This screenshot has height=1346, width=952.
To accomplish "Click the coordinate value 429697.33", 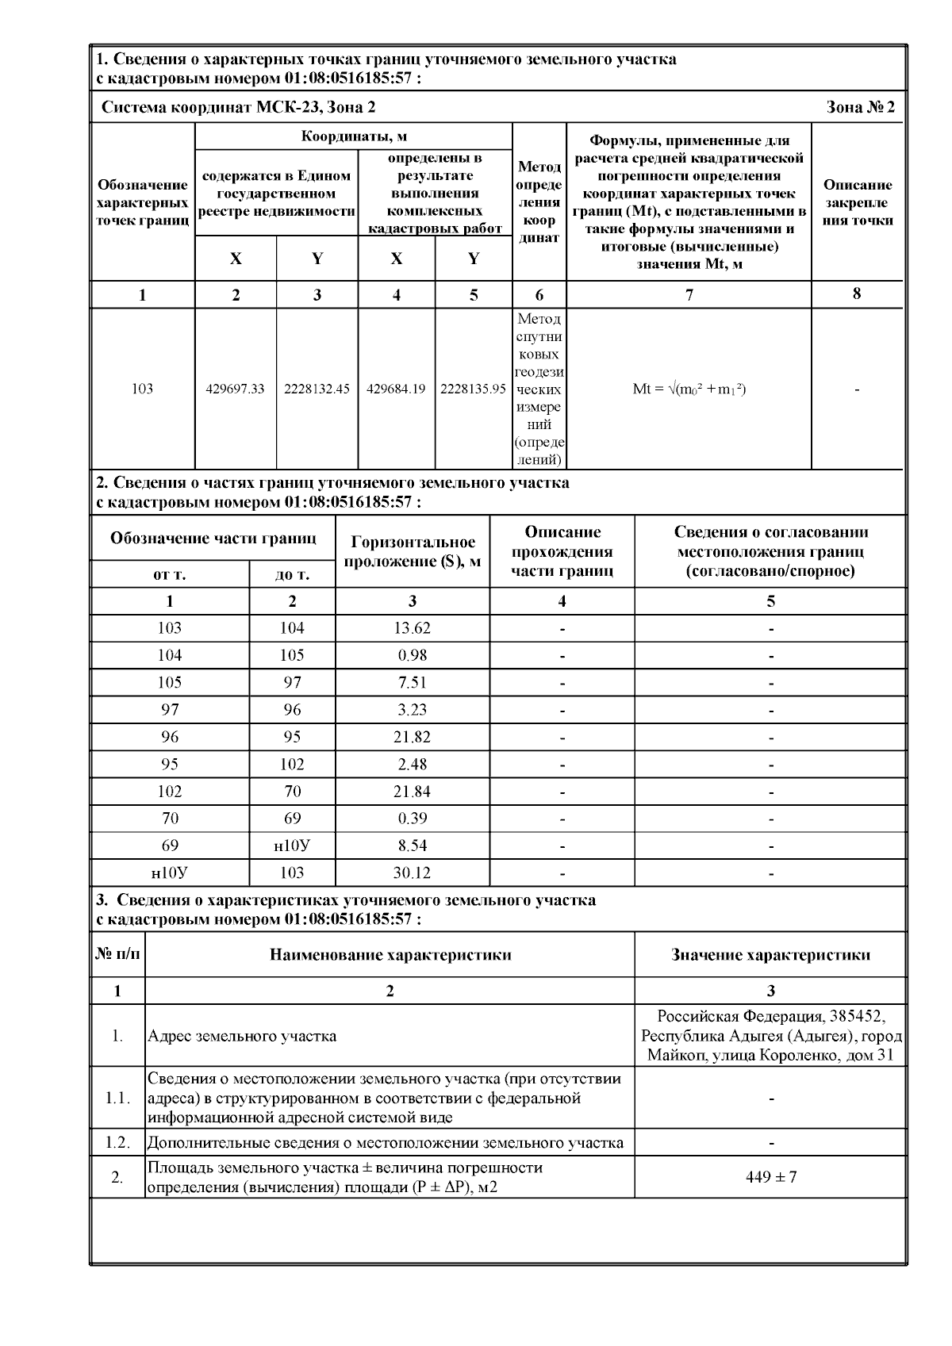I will pos(236,389).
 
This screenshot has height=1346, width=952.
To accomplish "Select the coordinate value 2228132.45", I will pos(317,389).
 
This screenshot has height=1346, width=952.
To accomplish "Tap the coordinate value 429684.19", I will pos(396,389).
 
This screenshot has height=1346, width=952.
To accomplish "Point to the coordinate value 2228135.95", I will pos(473,389).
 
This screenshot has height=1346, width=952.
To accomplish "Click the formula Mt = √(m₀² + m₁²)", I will pos(689,389).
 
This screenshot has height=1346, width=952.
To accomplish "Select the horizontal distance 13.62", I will pos(412,628).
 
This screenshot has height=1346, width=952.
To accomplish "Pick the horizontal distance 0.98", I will pos(412,656).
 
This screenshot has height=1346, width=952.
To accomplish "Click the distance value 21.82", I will pos(412,737).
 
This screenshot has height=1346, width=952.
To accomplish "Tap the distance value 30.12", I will pos(412,873).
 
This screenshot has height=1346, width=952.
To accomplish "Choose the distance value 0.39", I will pos(412,819).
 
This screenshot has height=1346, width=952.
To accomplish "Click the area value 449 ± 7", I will pos(770,1177).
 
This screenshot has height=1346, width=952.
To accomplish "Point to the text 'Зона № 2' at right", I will pos(860,107).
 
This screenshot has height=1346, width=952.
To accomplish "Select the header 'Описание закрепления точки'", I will pos(857,202).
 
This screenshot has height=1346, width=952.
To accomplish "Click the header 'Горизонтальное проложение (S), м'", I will pos(413,552).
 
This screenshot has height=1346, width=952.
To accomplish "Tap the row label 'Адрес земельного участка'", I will pos(242,1036).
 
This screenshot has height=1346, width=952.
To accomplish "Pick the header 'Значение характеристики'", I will pos(770,955).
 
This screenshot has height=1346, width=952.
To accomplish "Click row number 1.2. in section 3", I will pos(117,1143).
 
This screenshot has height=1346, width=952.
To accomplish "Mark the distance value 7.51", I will pos(412,683).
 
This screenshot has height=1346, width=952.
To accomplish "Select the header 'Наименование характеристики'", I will pos(390,955).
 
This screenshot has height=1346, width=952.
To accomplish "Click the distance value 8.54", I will pos(412,846).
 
